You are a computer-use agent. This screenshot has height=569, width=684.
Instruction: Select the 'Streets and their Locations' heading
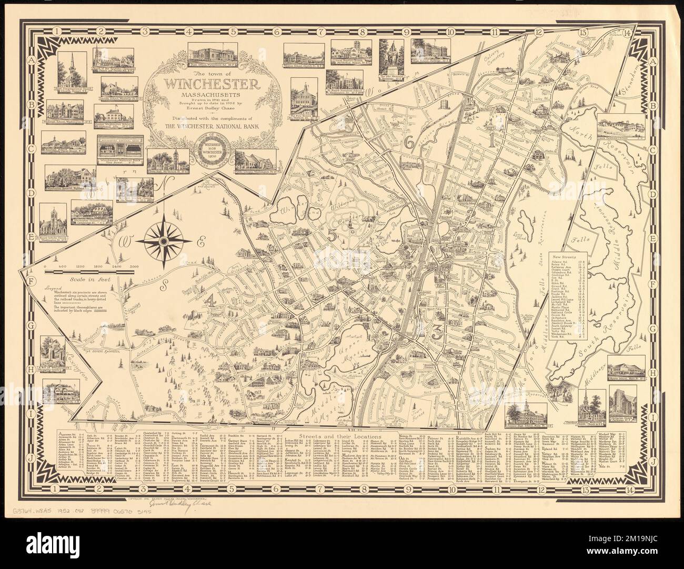click(x=341, y=437)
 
